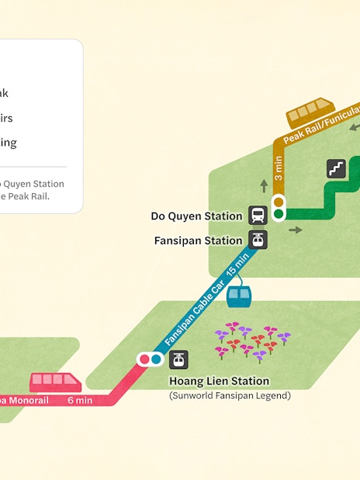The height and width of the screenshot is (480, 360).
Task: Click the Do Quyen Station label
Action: click(x=196, y=216)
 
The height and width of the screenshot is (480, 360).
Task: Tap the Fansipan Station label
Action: click(x=198, y=240)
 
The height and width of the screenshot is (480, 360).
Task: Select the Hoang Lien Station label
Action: click(x=219, y=382)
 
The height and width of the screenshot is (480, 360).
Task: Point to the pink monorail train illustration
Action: click(x=56, y=382)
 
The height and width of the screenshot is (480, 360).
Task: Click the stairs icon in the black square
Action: click(x=336, y=167)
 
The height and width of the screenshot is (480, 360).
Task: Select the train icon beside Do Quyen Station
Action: click(x=258, y=216)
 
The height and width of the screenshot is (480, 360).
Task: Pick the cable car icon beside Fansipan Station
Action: click(x=258, y=240)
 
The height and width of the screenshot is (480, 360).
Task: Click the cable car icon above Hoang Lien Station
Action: click(x=179, y=360)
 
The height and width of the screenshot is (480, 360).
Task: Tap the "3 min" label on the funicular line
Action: click(x=278, y=167)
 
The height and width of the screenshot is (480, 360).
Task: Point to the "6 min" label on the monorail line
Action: click(x=80, y=400)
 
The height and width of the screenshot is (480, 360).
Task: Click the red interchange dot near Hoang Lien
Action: click(x=144, y=360)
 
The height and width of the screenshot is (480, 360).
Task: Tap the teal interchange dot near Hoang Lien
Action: click(x=155, y=360)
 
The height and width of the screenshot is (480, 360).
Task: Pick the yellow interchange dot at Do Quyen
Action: click(x=278, y=202)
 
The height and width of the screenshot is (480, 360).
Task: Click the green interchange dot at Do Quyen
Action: click(x=278, y=213)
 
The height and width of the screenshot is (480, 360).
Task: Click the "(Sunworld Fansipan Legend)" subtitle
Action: click(x=230, y=396)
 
